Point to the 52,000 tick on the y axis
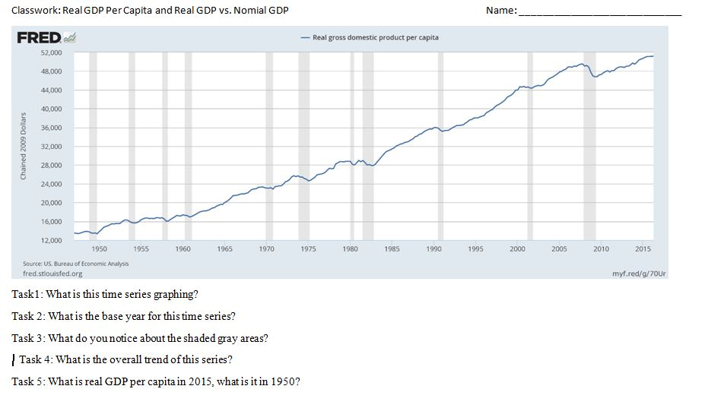pos(51,53)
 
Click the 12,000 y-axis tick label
pos(51,241)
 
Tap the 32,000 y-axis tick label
pos(51,147)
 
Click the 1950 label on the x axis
pos(99,249)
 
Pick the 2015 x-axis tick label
pos(643,249)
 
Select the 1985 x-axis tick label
pos(392,249)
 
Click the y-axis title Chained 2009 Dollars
pos(24,146)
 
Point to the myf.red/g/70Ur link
pos(640,274)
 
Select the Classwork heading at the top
pos(150,10)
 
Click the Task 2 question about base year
pos(123,316)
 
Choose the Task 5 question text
pos(156,381)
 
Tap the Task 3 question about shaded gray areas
pos(140,338)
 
